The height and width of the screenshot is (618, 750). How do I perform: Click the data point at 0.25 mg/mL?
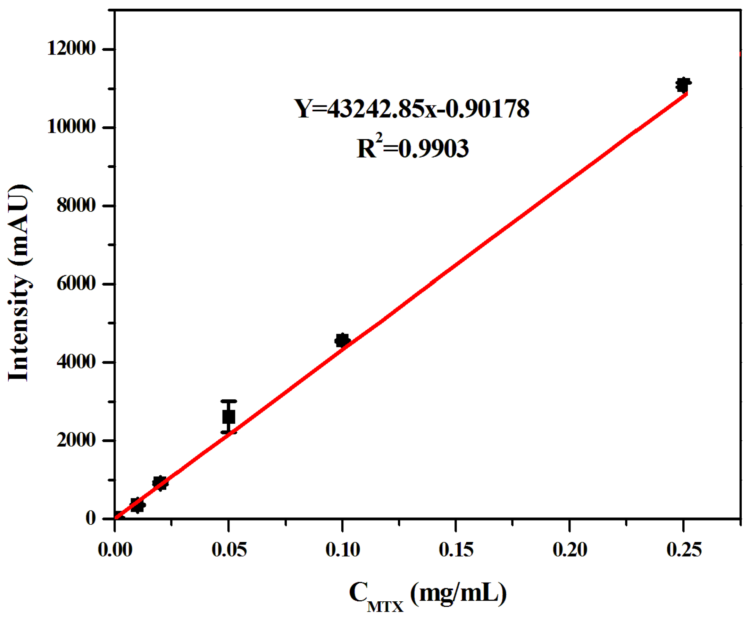pyautogui.click(x=683, y=85)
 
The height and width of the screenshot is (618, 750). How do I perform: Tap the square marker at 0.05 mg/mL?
pyautogui.click(x=228, y=416)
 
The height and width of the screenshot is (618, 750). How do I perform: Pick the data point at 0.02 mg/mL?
pyautogui.click(x=160, y=483)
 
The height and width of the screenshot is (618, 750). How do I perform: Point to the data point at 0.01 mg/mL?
pyautogui.click(x=137, y=505)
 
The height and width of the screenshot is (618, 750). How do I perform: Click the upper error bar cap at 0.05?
pyautogui.click(x=228, y=401)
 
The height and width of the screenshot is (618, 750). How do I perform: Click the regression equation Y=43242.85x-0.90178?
pyautogui.click(x=411, y=109)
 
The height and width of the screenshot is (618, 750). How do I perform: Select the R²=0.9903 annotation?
pyautogui.click(x=412, y=147)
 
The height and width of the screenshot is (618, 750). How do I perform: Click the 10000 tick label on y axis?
pyautogui.click(x=71, y=127)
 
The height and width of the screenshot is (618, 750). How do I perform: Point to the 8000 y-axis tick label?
pyautogui.click(x=76, y=205)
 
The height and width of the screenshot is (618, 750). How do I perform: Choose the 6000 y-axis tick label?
pyautogui.click(x=76, y=284)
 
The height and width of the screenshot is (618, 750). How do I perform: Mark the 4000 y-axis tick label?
pyautogui.click(x=76, y=362)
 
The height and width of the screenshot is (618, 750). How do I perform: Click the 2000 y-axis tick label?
pyautogui.click(x=76, y=440)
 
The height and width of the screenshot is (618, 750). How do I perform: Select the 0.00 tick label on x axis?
pyautogui.click(x=115, y=550)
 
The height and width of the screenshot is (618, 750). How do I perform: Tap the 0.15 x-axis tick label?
pyautogui.click(x=456, y=550)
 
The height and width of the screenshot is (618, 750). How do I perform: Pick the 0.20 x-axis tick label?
pyautogui.click(x=569, y=550)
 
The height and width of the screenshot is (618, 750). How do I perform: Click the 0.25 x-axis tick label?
pyautogui.click(x=683, y=550)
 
